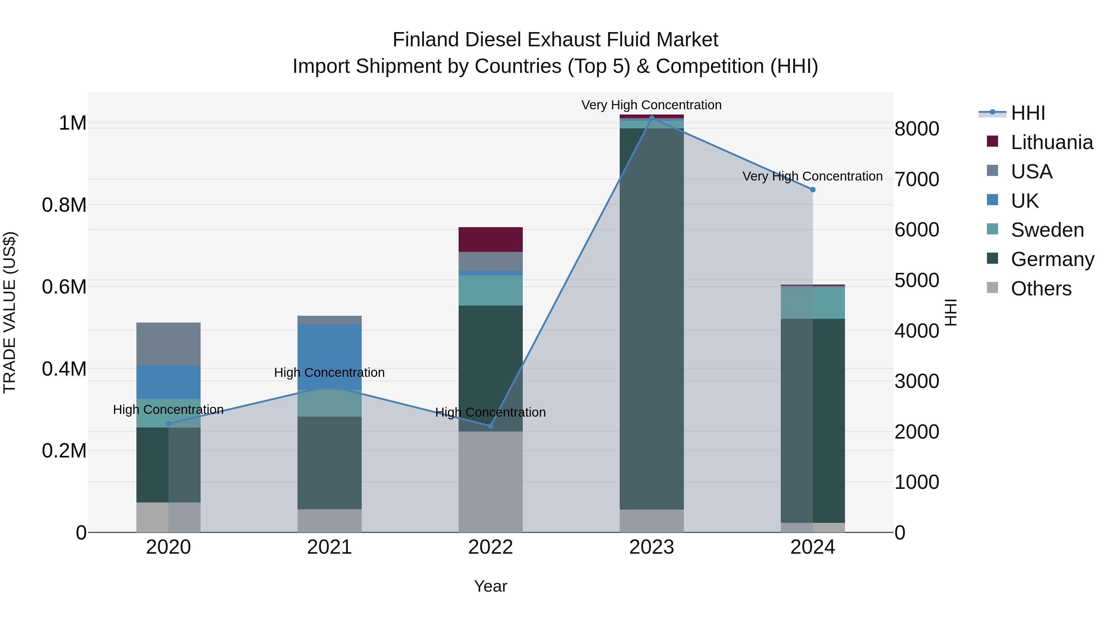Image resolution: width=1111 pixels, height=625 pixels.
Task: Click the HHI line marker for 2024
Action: coord(813,190)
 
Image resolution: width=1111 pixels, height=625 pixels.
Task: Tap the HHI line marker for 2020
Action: coord(168,423)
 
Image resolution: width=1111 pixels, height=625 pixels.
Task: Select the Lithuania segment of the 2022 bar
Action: coord(490,240)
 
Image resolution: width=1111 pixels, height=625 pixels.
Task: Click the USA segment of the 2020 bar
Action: coord(168,344)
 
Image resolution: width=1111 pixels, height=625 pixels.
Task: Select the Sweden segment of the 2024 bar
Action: coord(813,303)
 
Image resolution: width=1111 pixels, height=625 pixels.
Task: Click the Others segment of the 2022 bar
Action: coord(490,481)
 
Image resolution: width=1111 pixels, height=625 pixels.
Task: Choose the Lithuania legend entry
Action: coord(1051,142)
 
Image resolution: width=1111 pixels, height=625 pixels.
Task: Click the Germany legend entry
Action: coord(1052,259)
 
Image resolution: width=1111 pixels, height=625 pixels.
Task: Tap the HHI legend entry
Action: coord(1028,113)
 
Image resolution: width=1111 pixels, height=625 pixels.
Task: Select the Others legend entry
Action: coord(1041,289)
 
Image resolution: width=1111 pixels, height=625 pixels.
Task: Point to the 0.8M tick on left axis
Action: coord(64,205)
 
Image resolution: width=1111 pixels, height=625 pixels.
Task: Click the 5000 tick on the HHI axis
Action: coord(917,280)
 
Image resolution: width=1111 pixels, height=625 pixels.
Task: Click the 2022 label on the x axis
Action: coord(490,547)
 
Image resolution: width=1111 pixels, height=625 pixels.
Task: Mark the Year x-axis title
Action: coord(490,587)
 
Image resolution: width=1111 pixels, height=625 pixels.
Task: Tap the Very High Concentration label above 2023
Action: coord(651,105)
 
